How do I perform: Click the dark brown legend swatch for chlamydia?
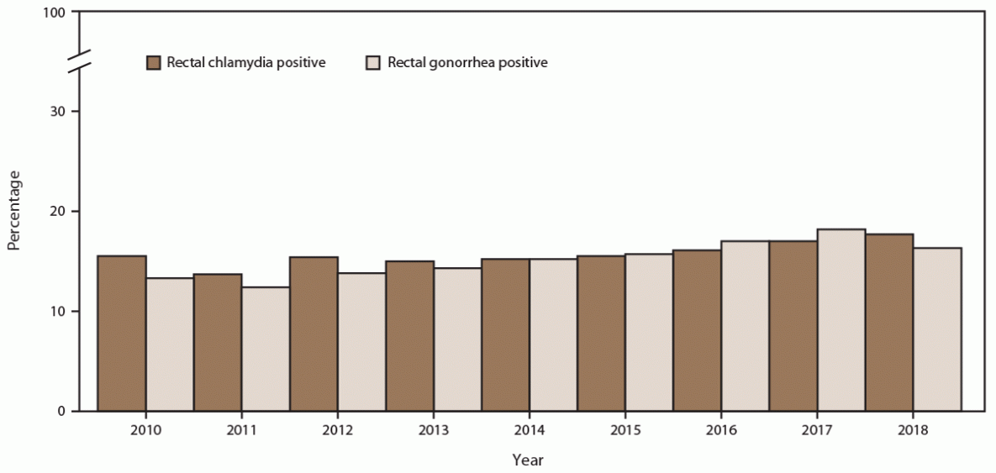tap(154, 63)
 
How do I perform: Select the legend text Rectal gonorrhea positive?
tap(467, 63)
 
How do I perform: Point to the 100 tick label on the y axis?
tap(56, 13)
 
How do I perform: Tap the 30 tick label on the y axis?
tap(60, 112)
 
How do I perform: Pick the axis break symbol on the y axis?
tap(79, 61)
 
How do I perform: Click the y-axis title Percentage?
tap(13, 211)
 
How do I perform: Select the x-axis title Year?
tap(528, 460)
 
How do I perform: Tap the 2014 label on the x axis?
tap(530, 430)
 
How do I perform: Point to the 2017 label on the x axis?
tap(817, 430)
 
